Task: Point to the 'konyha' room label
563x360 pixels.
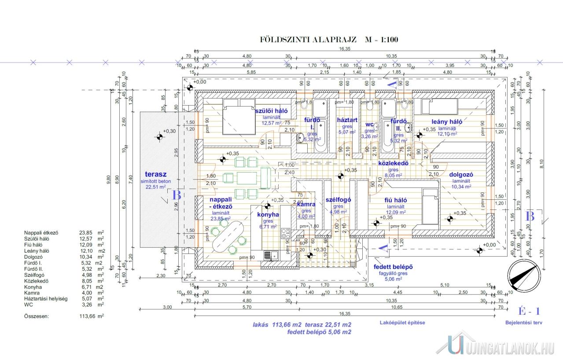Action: pyautogui.click(x=268, y=215)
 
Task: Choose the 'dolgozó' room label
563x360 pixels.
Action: pyautogui.click(x=461, y=174)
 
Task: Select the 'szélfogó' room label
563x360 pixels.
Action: pyautogui.click(x=338, y=199)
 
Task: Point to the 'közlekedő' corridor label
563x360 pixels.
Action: pyautogui.click(x=394, y=163)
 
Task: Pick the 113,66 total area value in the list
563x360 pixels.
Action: pyautogui.click(x=82, y=316)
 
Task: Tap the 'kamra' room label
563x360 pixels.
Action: pyautogui.click(x=305, y=205)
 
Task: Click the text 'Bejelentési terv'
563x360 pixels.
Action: pyautogui.click(x=523, y=323)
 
